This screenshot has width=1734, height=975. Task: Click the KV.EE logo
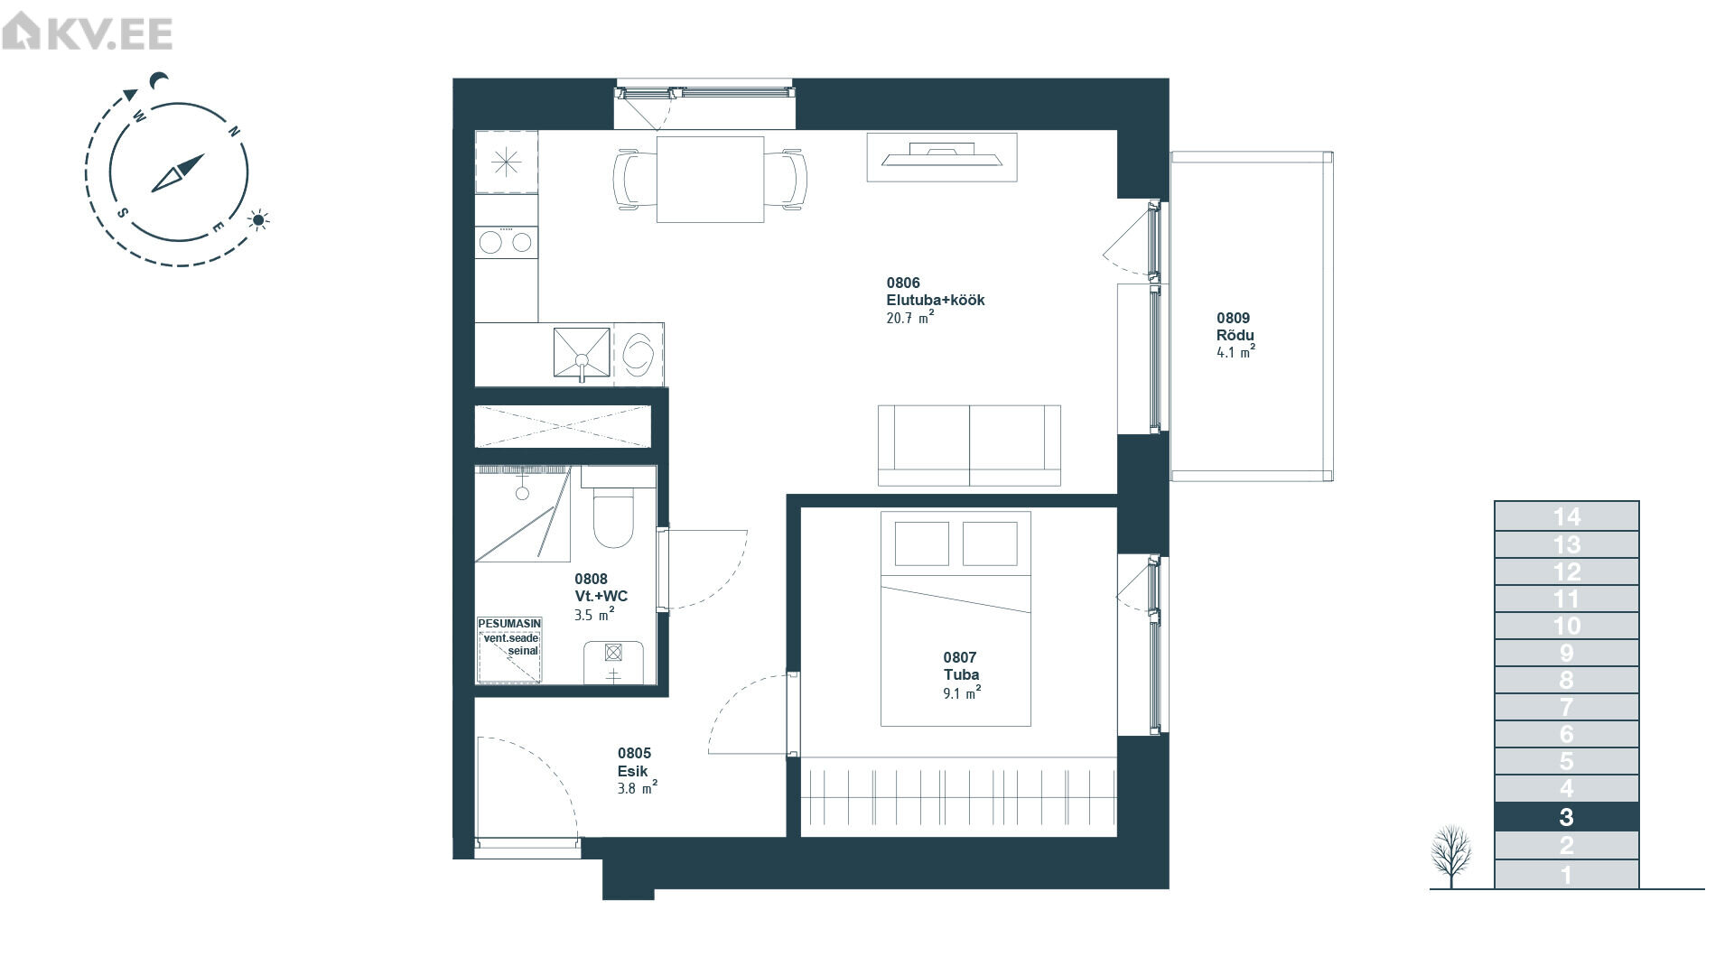tap(87, 33)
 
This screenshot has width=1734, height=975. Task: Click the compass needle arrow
tap(178, 172)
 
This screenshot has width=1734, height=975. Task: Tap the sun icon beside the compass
tap(260, 219)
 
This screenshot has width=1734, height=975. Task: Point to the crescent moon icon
tap(160, 81)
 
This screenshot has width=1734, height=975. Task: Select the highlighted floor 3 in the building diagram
tap(1566, 817)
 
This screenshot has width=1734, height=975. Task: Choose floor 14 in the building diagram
tap(1566, 516)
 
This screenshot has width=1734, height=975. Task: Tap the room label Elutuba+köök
tap(935, 301)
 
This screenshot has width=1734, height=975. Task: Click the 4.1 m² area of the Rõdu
tap(1235, 353)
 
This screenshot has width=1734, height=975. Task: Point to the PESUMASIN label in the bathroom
tap(509, 624)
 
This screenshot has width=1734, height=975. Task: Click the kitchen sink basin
tap(582, 353)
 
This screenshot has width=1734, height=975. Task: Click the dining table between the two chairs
tap(710, 179)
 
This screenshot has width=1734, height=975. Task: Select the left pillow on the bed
tap(921, 543)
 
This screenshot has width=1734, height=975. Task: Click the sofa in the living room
tap(969, 445)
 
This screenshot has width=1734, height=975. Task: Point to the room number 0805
tap(634, 753)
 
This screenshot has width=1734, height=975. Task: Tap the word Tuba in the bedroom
tap(961, 674)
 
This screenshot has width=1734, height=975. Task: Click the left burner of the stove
tap(491, 242)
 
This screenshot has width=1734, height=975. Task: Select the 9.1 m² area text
tap(962, 693)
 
